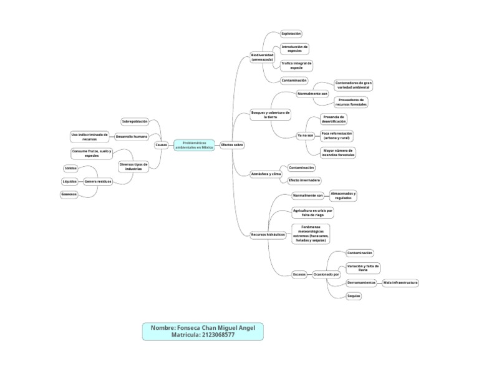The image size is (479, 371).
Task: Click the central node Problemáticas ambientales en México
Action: click(x=195, y=145)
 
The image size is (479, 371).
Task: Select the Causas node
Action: click(x=161, y=145)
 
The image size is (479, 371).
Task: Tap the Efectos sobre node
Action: click(x=232, y=145)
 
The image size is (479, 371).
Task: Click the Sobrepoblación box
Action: click(x=135, y=121)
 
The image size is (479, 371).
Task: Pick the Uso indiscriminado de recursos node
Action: click(x=90, y=136)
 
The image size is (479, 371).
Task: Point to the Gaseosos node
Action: click(x=69, y=194)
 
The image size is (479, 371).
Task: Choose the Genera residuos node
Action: click(x=99, y=181)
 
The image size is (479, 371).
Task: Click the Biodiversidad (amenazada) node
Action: click(x=262, y=57)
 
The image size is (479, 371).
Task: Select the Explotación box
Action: click(x=291, y=33)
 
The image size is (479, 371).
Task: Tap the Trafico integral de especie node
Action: click(x=296, y=65)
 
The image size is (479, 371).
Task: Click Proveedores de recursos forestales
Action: click(x=351, y=102)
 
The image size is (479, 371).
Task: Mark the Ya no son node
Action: click(x=305, y=135)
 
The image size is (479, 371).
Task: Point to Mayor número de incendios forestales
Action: click(x=339, y=152)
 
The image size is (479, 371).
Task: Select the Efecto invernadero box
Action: click(x=304, y=181)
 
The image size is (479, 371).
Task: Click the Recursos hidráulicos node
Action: click(x=268, y=235)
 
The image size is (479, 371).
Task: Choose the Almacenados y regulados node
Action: click(x=342, y=196)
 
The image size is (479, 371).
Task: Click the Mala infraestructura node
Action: click(x=400, y=283)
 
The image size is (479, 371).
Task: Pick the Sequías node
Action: click(x=354, y=295)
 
